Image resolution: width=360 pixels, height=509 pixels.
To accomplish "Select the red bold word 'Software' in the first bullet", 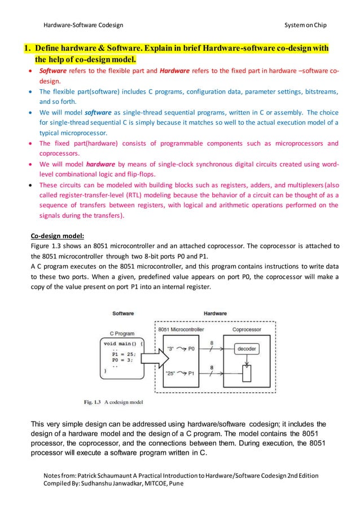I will [53, 72].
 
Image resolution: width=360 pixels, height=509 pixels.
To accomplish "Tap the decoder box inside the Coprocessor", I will [246, 349].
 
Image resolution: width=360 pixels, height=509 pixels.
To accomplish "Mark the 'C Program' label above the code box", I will [121, 334].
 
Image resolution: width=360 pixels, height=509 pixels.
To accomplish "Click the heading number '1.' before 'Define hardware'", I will [25, 48].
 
